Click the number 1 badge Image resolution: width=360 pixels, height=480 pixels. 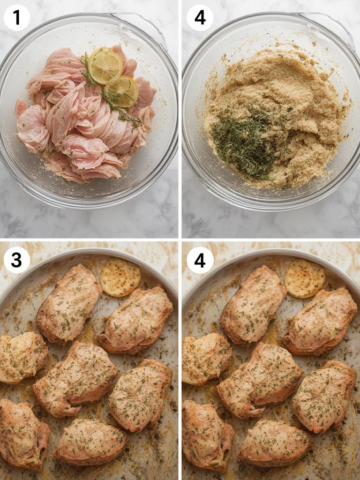tap(17, 18)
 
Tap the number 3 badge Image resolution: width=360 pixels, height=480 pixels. tap(17, 260)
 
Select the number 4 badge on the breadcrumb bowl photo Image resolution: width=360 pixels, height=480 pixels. tap(200, 18)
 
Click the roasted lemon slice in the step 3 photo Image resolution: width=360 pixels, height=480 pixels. tap(120, 277)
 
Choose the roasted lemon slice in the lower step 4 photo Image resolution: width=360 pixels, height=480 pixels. tap(305, 278)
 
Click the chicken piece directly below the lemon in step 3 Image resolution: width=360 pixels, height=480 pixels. tap(136, 320)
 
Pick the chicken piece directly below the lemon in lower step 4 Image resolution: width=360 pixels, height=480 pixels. tap(320, 321)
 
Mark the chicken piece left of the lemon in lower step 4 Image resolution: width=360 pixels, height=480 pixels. tap(253, 305)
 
